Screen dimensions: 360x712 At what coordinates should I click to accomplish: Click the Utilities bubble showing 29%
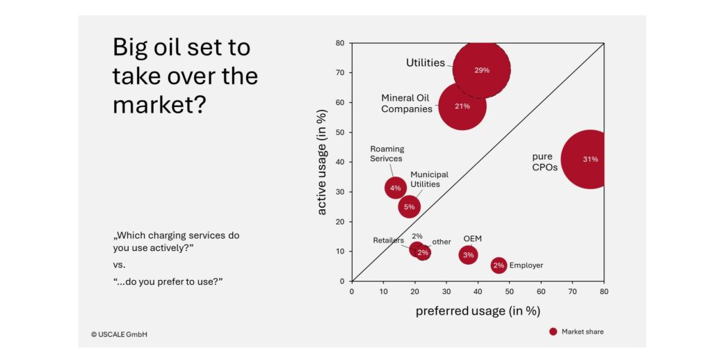[481, 69]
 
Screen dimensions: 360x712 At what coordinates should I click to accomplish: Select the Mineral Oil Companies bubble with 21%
[462, 106]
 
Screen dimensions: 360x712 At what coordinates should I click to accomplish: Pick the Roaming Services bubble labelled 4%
[395, 188]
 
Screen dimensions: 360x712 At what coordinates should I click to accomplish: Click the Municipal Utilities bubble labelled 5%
[409, 206]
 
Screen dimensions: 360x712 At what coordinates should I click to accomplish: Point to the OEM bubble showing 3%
[468, 255]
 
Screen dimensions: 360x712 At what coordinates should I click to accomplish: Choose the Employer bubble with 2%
[499, 265]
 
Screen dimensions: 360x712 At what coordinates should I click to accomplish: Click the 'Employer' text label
[526, 265]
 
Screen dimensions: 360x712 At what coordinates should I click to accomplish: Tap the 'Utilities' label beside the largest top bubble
[425, 63]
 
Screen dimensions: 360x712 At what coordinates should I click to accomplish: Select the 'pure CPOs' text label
[544, 162]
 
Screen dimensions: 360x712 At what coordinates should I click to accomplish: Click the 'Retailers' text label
[388, 240]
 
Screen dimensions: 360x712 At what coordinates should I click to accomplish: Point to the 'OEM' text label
[473, 238]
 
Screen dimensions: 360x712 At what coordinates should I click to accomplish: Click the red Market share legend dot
[553, 332]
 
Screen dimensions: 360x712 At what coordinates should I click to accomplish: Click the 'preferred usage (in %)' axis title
[478, 311]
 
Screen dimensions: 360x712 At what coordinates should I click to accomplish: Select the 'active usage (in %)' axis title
[322, 162]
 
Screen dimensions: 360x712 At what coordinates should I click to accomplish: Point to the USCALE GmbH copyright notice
[119, 334]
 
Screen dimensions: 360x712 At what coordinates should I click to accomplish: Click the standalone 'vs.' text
[120, 265]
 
